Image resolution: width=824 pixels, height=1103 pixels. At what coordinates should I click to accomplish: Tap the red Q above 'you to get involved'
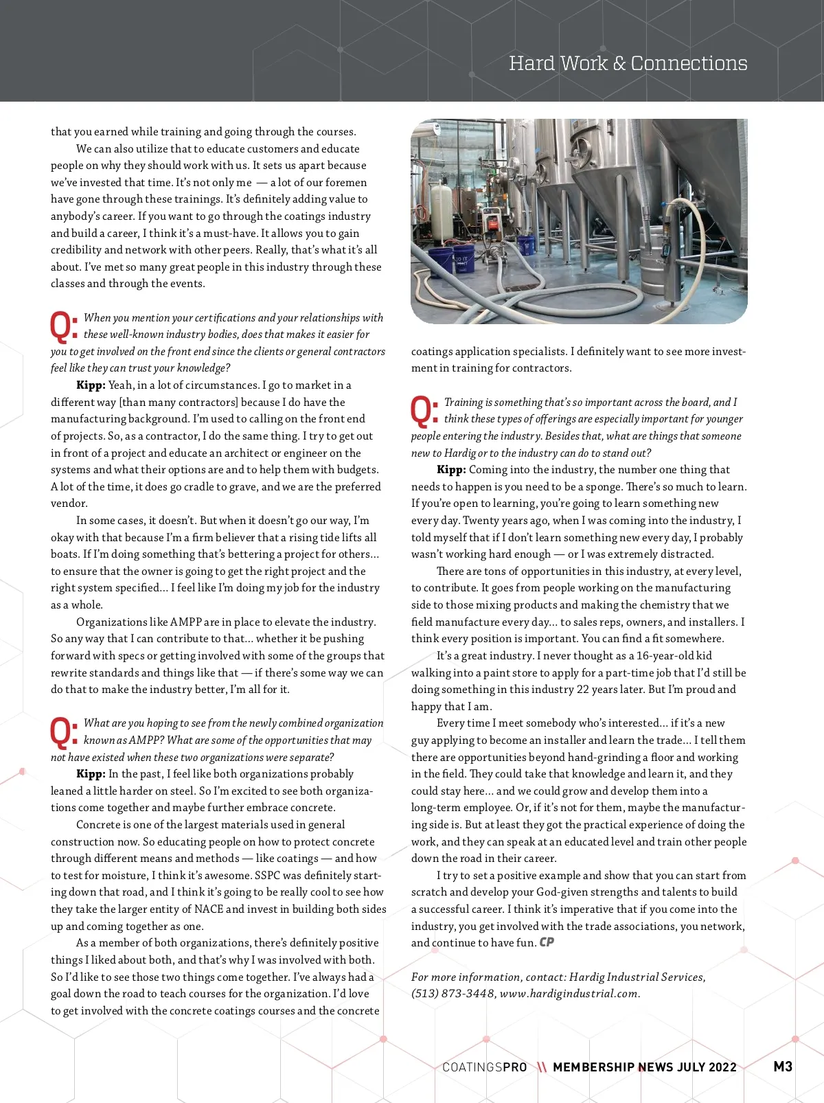pyautogui.click(x=64, y=327)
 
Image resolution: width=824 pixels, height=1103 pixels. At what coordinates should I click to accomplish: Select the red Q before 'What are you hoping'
pyautogui.click(x=64, y=732)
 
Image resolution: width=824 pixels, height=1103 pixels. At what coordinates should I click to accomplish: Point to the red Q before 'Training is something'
pyautogui.click(x=424, y=411)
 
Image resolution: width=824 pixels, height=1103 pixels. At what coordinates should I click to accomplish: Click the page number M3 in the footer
pyautogui.click(x=783, y=1067)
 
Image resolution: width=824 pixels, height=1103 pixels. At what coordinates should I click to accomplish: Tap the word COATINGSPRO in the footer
pyautogui.click(x=485, y=1067)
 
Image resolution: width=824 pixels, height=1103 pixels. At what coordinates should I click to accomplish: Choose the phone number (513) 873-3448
pyautogui.click(x=453, y=994)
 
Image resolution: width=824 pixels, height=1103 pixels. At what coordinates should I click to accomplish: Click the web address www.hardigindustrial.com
pyautogui.click(x=569, y=994)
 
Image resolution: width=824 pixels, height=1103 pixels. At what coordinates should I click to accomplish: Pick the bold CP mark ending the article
pyautogui.click(x=547, y=942)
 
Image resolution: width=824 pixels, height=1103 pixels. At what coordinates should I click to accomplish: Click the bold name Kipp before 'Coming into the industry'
pyautogui.click(x=451, y=470)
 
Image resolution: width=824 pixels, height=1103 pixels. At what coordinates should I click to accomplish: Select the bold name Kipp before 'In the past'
pyautogui.click(x=91, y=774)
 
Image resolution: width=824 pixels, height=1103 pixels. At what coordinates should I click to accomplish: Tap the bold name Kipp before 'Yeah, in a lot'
pyautogui.click(x=91, y=385)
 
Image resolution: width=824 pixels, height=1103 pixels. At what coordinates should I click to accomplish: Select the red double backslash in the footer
pyautogui.click(x=542, y=1067)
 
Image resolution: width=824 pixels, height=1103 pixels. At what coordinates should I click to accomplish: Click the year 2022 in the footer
pyautogui.click(x=722, y=1067)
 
